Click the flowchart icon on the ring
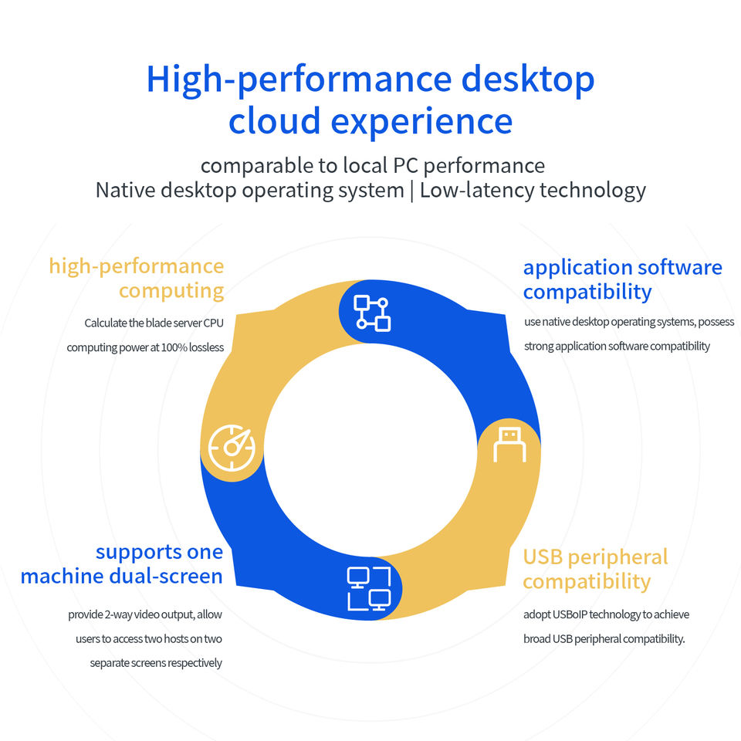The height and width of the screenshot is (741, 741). [371, 313]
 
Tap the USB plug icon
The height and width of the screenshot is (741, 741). [509, 445]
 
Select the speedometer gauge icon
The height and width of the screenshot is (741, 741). [231, 448]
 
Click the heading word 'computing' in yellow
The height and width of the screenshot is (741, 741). [171, 291]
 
